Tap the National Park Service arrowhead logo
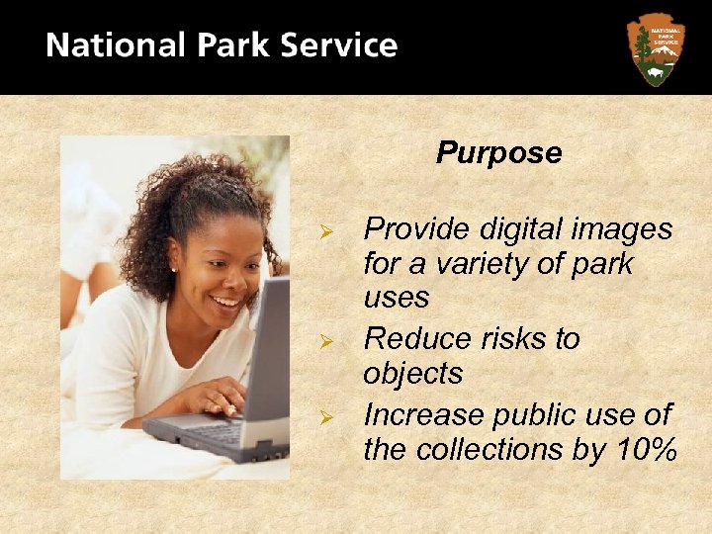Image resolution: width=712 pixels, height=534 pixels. [x=655, y=48]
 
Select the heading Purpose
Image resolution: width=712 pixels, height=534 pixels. [x=498, y=153]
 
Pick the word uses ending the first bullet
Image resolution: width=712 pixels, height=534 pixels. [x=396, y=299]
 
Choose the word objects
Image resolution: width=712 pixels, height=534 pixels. [x=412, y=375]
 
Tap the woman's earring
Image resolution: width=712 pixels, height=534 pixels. [x=174, y=268]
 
